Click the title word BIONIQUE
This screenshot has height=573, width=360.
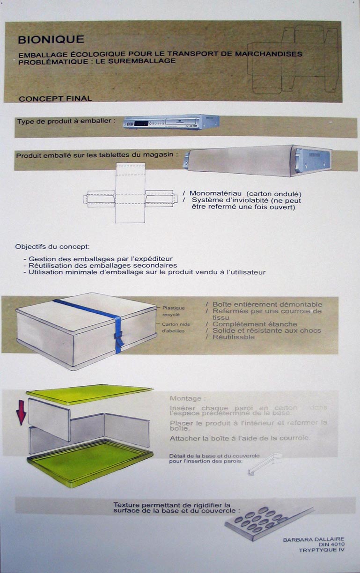(51, 40)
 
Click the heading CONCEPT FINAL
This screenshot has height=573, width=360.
(55, 98)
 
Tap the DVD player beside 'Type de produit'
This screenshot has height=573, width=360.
(171, 123)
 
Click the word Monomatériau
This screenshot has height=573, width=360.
(215, 193)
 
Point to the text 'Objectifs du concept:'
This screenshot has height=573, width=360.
(52, 246)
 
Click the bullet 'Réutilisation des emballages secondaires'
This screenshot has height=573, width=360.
(100, 265)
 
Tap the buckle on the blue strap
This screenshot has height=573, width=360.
(119, 335)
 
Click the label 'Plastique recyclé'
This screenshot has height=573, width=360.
(173, 311)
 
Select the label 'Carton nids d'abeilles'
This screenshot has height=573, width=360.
(173, 327)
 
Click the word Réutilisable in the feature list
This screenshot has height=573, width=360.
(233, 337)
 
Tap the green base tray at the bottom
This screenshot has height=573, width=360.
(89, 461)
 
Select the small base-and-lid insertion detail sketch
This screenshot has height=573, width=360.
(264, 463)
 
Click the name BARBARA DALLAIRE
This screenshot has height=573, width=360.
(314, 540)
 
